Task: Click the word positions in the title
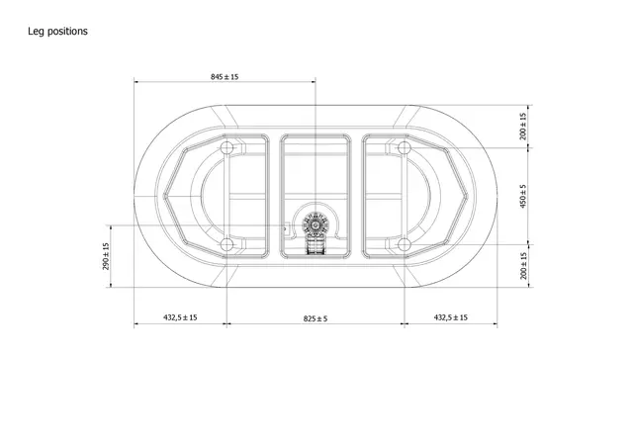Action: click(x=69, y=31)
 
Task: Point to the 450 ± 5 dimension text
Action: click(x=523, y=195)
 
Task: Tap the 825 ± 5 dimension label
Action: click(x=315, y=317)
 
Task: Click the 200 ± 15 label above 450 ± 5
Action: click(x=523, y=126)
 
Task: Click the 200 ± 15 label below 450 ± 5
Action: click(x=523, y=265)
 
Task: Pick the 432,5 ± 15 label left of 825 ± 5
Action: click(x=180, y=317)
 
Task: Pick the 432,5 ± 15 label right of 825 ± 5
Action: click(x=451, y=317)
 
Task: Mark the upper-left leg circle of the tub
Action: click(x=226, y=148)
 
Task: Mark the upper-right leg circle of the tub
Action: click(x=404, y=148)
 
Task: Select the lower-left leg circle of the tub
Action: click(x=226, y=243)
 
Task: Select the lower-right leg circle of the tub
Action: click(x=404, y=243)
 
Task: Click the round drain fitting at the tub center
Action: click(x=316, y=223)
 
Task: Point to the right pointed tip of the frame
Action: click(x=469, y=195)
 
